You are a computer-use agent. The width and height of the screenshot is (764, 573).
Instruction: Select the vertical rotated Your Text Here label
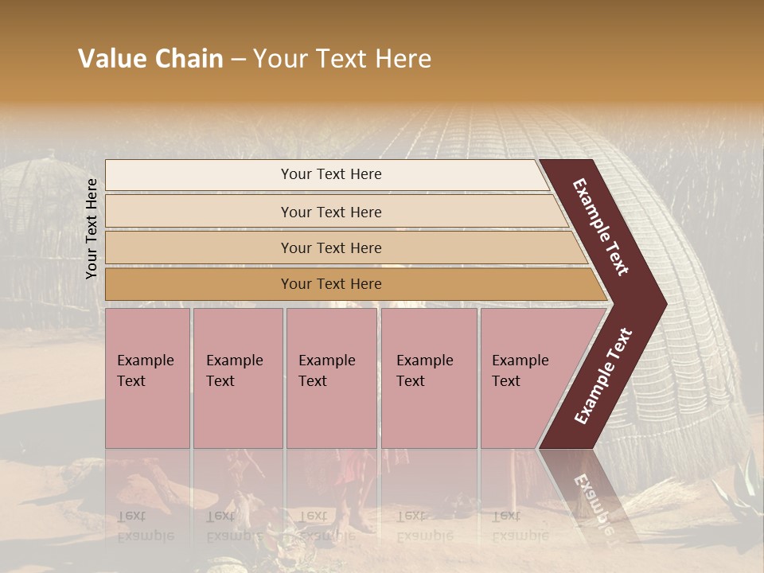click(x=92, y=228)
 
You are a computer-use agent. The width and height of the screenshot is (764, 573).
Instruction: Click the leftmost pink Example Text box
click(x=147, y=377)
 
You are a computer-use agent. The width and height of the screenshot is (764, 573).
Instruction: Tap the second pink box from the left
click(x=237, y=377)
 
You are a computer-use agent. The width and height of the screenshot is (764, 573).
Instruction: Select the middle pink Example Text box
click(x=331, y=377)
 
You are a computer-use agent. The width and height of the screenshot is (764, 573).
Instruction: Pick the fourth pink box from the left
click(x=428, y=377)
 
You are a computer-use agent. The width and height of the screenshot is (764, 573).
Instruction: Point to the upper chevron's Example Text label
click(x=602, y=227)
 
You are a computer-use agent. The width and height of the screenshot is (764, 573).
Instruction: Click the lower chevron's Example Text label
click(x=603, y=376)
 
